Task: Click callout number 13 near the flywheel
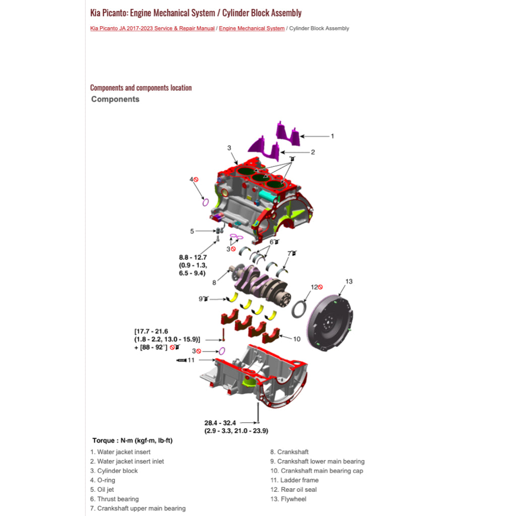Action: pos(349,281)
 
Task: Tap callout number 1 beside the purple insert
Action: pos(332,136)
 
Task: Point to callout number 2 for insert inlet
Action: pos(312,152)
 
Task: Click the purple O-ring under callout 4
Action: pos(206,202)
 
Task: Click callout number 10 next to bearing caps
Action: pos(297,339)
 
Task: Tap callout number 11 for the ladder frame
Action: pos(191,360)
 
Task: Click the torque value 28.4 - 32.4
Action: pos(220,423)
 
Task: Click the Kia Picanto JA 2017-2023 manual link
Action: pos(152,29)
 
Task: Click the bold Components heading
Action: pos(115,99)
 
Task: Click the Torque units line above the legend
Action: pos(133,440)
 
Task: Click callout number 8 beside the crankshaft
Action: pos(214,283)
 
